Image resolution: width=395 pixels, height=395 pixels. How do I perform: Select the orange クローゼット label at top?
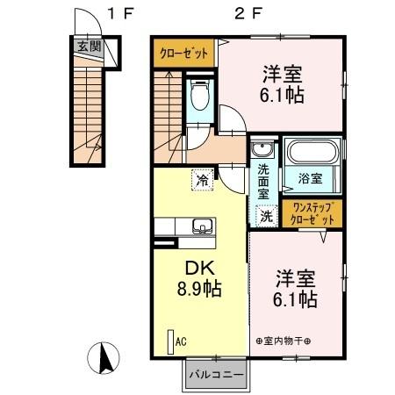tap(184, 54)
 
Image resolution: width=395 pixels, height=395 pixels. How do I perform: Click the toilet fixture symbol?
tap(199, 93)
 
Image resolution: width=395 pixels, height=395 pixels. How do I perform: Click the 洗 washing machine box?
tap(265, 212)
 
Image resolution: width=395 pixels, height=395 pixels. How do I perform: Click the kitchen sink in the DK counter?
tap(203, 226)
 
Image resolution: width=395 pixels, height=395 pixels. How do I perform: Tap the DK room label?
tap(197, 269)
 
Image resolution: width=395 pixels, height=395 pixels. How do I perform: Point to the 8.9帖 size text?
tap(197, 288)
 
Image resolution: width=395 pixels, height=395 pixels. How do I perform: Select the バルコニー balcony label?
tap(216, 375)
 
